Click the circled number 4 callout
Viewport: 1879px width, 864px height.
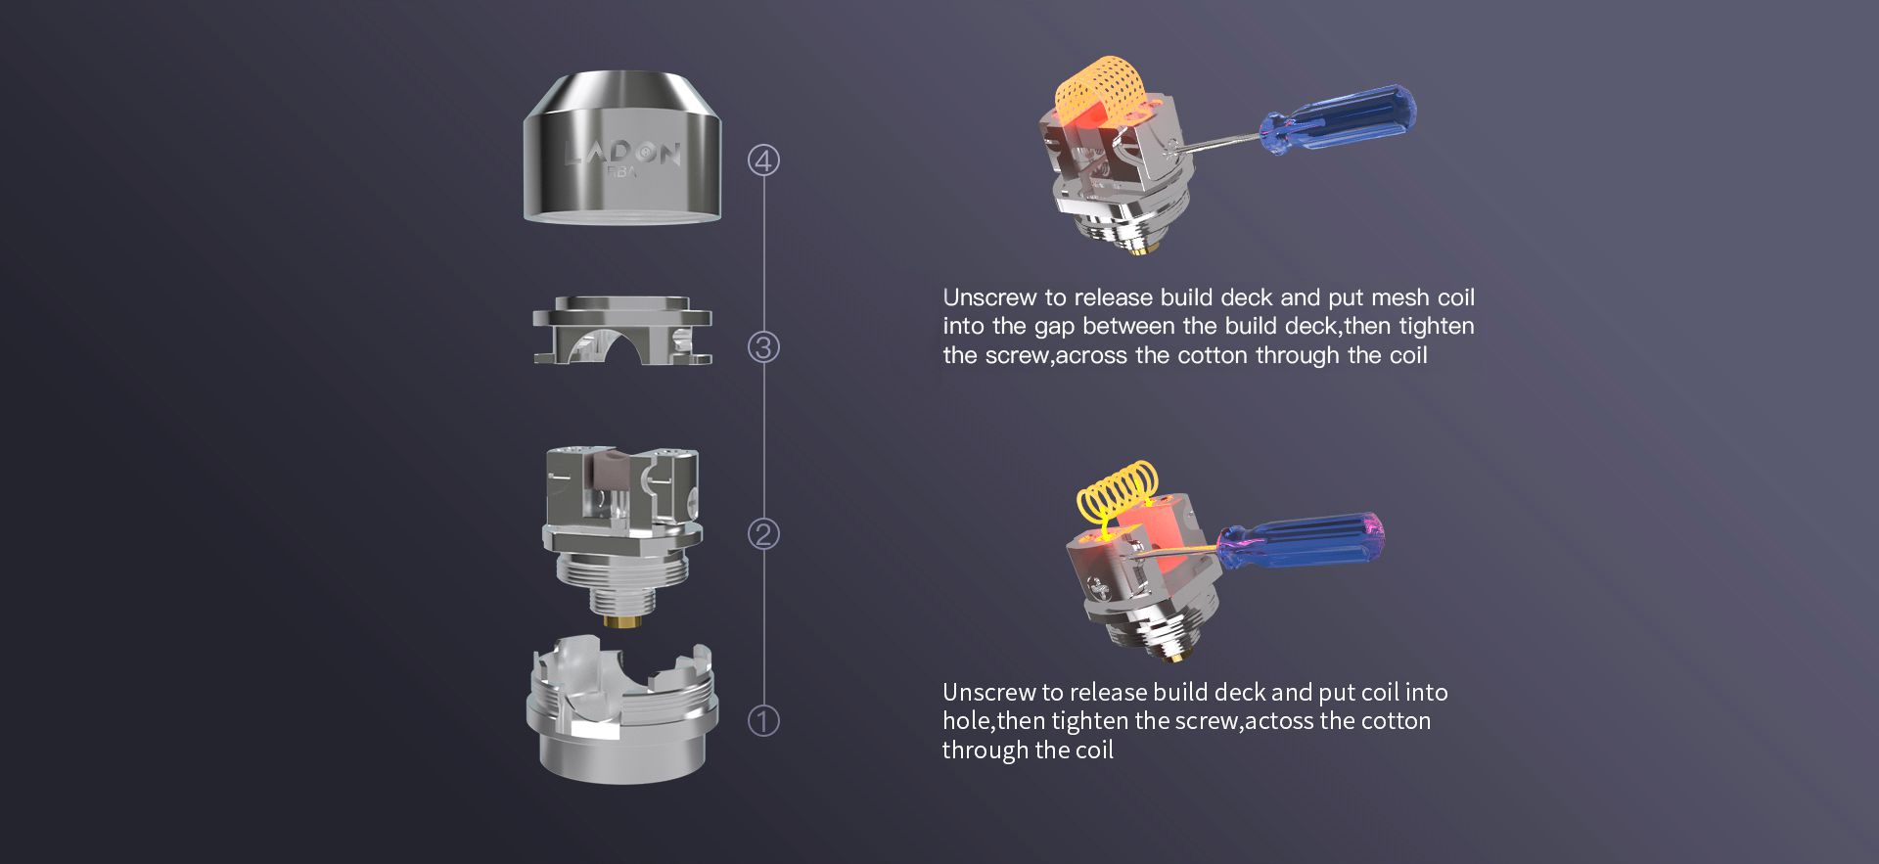(x=763, y=160)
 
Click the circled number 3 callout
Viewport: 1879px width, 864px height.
(x=763, y=347)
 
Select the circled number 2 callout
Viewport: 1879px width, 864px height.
(x=763, y=534)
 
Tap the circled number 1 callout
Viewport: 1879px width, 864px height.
(x=763, y=721)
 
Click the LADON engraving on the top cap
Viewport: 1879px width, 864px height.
(x=622, y=153)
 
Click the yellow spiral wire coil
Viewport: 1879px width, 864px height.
(x=1117, y=492)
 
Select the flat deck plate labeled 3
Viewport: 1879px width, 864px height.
(x=622, y=331)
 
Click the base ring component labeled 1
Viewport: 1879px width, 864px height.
(x=622, y=709)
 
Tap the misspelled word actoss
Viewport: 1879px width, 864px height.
(x=1279, y=721)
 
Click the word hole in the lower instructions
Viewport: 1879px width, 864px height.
(x=967, y=721)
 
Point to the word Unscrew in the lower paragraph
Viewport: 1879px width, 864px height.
(x=988, y=693)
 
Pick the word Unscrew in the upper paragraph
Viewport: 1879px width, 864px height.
(x=989, y=297)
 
